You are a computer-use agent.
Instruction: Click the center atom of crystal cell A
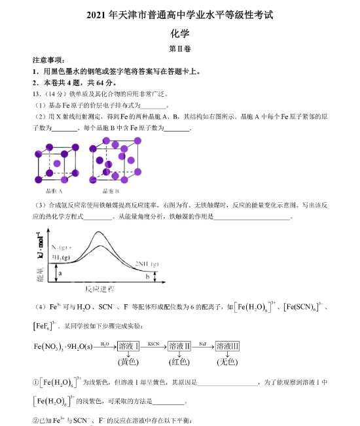click(x=57, y=162)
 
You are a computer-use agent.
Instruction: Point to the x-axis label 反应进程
click(x=99, y=289)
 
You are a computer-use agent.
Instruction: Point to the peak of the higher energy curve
click(x=99, y=232)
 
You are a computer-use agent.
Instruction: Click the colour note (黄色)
click(x=128, y=361)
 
